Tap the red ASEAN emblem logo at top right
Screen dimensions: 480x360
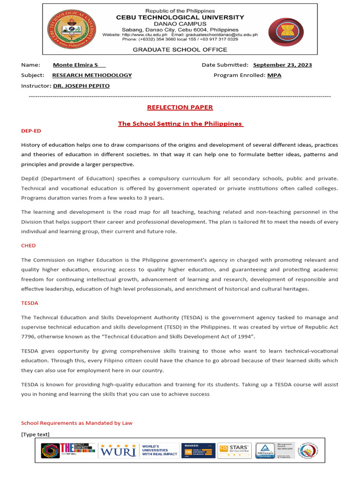point(286,32)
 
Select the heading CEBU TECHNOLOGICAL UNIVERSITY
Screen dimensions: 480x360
point(180,17)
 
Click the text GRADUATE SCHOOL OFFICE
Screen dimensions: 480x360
point(180,50)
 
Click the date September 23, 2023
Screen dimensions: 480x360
point(282,65)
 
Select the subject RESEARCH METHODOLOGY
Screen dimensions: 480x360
point(92,75)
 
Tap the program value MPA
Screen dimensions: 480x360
point(274,75)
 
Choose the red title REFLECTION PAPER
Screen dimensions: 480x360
point(180,107)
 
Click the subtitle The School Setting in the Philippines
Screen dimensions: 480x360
point(180,124)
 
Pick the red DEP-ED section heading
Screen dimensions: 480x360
point(31,131)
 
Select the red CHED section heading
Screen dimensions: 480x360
point(28,246)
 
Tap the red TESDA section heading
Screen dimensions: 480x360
point(30,303)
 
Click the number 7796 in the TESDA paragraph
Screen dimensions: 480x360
point(28,337)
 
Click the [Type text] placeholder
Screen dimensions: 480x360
point(35,435)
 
